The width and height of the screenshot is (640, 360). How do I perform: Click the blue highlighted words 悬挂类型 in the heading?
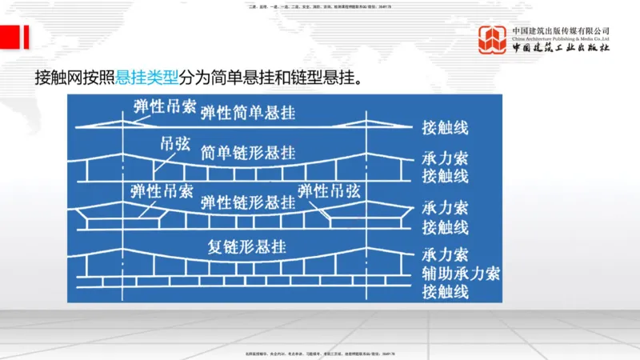click(x=148, y=78)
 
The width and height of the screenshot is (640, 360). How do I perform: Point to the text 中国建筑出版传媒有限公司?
click(x=561, y=30)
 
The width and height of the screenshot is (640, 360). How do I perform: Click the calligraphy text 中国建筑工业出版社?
click(x=561, y=47)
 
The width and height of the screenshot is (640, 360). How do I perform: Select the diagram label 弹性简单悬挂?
click(x=248, y=112)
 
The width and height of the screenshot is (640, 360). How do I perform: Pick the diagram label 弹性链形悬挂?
click(x=248, y=200)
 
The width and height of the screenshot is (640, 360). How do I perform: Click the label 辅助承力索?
click(x=460, y=274)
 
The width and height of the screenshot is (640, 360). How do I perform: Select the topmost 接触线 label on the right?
click(x=445, y=128)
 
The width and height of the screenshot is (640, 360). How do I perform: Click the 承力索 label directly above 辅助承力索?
click(x=445, y=256)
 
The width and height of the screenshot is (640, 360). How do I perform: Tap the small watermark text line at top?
click(x=320, y=7)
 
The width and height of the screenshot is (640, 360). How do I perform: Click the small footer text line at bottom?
click(x=320, y=353)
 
